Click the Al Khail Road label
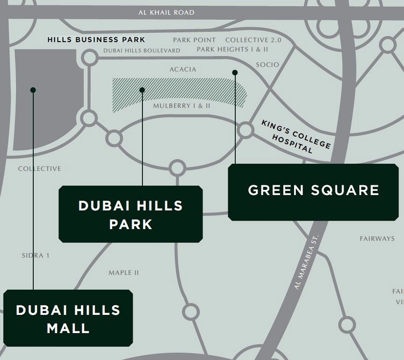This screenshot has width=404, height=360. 166,12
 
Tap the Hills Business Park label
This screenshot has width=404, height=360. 96,39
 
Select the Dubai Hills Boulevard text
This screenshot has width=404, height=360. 142,50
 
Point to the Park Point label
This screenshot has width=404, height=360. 194,40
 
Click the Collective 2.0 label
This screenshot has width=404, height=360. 253,40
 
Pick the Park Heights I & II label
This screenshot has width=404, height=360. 232,49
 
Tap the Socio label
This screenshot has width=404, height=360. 267,65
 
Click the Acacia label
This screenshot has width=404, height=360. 183,69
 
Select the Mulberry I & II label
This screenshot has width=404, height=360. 181,106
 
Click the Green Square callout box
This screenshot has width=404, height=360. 313,192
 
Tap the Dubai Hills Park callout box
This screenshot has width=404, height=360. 131,214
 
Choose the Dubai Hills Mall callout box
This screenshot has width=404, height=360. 68,318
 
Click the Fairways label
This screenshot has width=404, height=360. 377,238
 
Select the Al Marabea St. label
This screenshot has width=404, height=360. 306,262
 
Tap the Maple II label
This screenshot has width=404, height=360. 124,273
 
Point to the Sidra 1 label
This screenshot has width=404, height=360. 35,256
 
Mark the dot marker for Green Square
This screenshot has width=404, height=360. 235,73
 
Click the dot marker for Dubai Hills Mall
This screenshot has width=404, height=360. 33,90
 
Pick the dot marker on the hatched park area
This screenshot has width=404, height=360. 142,90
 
